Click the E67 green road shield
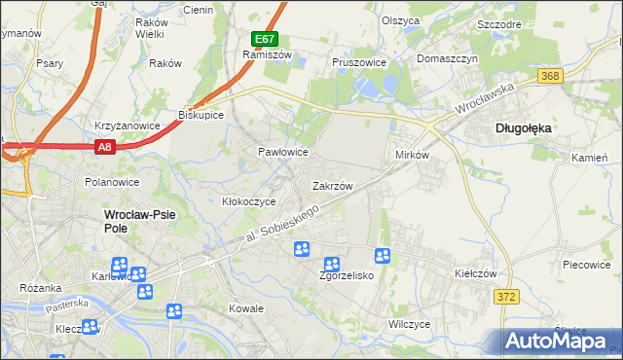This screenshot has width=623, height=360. click(x=264, y=39)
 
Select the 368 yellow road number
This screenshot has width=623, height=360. click(x=551, y=76)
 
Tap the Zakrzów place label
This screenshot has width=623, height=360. click(x=331, y=185)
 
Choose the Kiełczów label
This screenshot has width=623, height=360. click(x=476, y=274)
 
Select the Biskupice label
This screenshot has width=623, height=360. click(x=202, y=115)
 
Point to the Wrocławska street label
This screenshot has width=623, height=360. click(x=482, y=98)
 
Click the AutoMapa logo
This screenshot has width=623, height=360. click(x=559, y=340)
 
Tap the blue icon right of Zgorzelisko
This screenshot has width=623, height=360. click(x=384, y=255)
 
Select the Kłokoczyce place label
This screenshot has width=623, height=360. click(x=249, y=201)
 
